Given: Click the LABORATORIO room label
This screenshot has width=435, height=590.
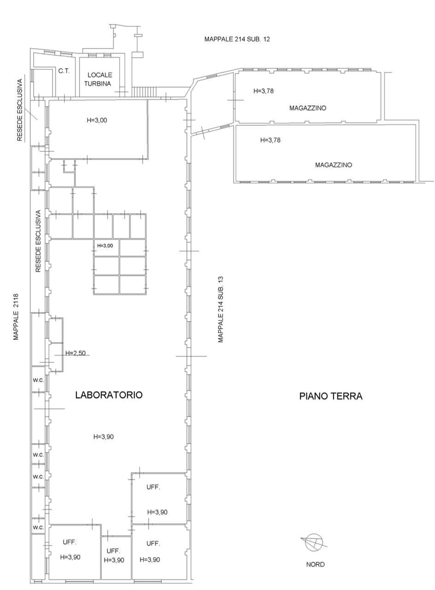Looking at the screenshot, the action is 109,395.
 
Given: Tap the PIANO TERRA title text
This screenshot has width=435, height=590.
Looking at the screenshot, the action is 331,396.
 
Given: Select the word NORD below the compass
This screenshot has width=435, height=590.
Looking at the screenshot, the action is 315,565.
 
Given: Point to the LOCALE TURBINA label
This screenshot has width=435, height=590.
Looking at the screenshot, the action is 98,79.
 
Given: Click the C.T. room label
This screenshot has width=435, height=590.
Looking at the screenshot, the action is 64,71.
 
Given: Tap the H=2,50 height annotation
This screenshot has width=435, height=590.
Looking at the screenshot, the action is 75,353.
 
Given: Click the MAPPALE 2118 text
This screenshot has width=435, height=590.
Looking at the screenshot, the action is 16,317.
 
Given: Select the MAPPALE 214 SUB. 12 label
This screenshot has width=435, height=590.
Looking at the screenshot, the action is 237,39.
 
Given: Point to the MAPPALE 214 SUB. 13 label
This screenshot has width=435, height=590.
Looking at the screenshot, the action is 220,309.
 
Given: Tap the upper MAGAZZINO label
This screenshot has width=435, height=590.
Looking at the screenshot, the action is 307,108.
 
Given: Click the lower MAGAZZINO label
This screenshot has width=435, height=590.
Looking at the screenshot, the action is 333,165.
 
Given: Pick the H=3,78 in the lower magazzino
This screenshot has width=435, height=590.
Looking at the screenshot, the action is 270,140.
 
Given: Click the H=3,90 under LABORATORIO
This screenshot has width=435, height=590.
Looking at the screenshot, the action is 104,437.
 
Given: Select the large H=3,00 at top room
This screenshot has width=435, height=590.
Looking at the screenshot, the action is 97,120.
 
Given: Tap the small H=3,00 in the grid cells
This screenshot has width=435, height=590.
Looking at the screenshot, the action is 105,246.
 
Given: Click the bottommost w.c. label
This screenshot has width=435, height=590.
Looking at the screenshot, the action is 38,527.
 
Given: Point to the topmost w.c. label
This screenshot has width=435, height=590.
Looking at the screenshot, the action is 38,380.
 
